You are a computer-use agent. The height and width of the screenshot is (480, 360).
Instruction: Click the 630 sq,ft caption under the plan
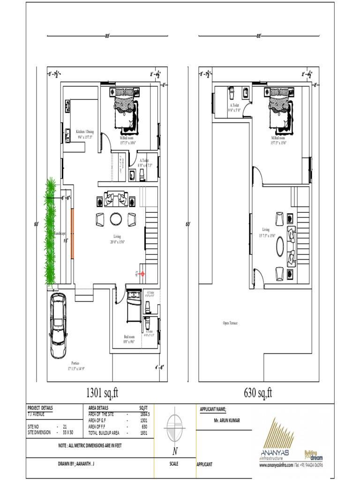[x=258, y=392]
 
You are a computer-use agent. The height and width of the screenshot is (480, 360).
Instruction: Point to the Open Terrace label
[x=230, y=323]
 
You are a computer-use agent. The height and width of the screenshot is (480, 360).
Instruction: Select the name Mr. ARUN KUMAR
[x=227, y=420]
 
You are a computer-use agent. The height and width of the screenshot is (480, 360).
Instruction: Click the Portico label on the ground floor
[x=75, y=363]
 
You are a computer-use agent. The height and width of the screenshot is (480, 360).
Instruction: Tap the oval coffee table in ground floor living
[x=115, y=219]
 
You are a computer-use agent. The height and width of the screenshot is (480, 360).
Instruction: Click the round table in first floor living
[x=280, y=245]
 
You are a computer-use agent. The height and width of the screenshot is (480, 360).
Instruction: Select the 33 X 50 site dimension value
[x=69, y=432]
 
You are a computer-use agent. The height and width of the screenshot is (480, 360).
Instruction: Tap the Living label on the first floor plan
[x=266, y=230]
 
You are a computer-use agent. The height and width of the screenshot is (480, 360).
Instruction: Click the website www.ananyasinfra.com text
[x=277, y=465]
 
